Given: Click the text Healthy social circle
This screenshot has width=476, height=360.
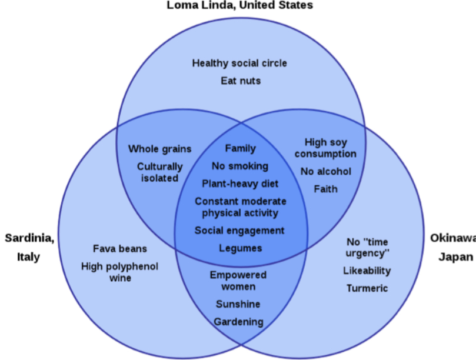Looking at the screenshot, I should coord(239,63).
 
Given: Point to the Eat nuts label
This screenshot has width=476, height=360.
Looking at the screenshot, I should coord(240,80).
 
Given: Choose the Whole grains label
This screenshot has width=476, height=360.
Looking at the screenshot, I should coord(159,149).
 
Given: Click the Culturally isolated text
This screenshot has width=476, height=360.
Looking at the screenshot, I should coord(159,172).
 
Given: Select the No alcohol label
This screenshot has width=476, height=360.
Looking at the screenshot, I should coord(325,171).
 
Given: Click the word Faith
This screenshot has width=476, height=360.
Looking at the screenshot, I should coord(325,189).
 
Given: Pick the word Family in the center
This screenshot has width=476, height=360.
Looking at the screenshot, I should coord(240,148).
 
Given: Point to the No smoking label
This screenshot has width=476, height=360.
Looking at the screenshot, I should coord(240,166).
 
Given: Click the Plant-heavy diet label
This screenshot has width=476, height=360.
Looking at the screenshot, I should coord(240,184).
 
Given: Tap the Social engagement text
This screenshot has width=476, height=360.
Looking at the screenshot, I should coord(239,230).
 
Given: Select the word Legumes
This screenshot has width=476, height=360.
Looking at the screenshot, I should coord(240,248).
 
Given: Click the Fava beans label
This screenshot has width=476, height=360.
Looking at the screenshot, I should coord(119,248).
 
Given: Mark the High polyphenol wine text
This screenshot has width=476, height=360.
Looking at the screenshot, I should coord(119,272).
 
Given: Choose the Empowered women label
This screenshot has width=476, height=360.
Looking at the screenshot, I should coord(238,281).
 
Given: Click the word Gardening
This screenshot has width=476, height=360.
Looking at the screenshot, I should coord(238,322).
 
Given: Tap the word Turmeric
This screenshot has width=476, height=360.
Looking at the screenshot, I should coord(367,288).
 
